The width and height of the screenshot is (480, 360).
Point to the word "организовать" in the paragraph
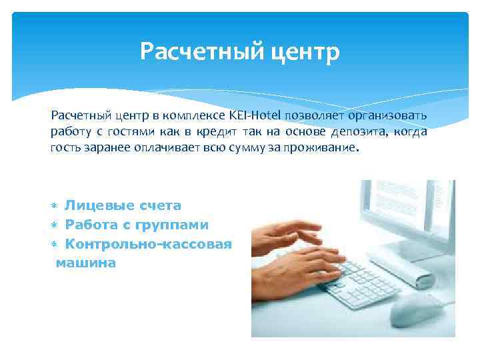[389, 116]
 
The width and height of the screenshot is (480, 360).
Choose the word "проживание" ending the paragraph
[317, 148]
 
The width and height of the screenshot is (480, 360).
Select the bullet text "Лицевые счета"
[123, 206]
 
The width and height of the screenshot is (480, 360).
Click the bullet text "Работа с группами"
[137, 225]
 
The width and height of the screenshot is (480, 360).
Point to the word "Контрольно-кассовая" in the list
[148, 244]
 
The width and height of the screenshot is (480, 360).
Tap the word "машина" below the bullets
[86, 263]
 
